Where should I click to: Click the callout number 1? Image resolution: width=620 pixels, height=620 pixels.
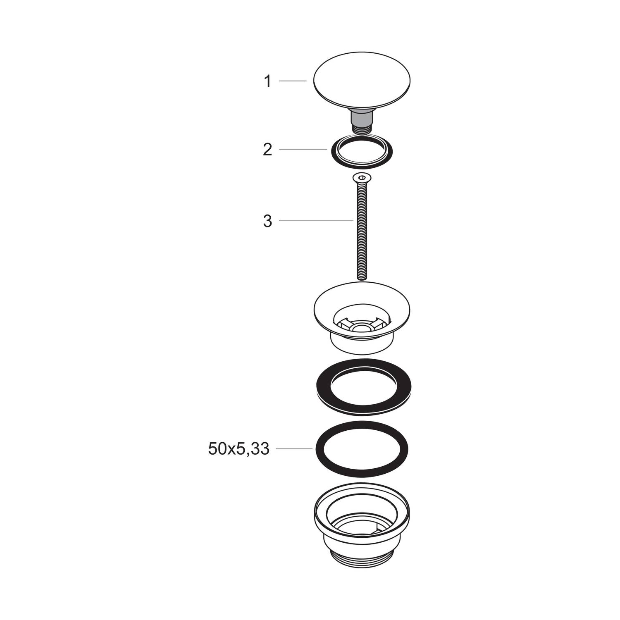pos(268,81)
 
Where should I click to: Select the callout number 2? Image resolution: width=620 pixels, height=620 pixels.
pos(268,149)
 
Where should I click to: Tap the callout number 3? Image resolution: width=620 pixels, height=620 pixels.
pos(268,221)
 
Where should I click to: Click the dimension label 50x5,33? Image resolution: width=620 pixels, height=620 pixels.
pos(239,449)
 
